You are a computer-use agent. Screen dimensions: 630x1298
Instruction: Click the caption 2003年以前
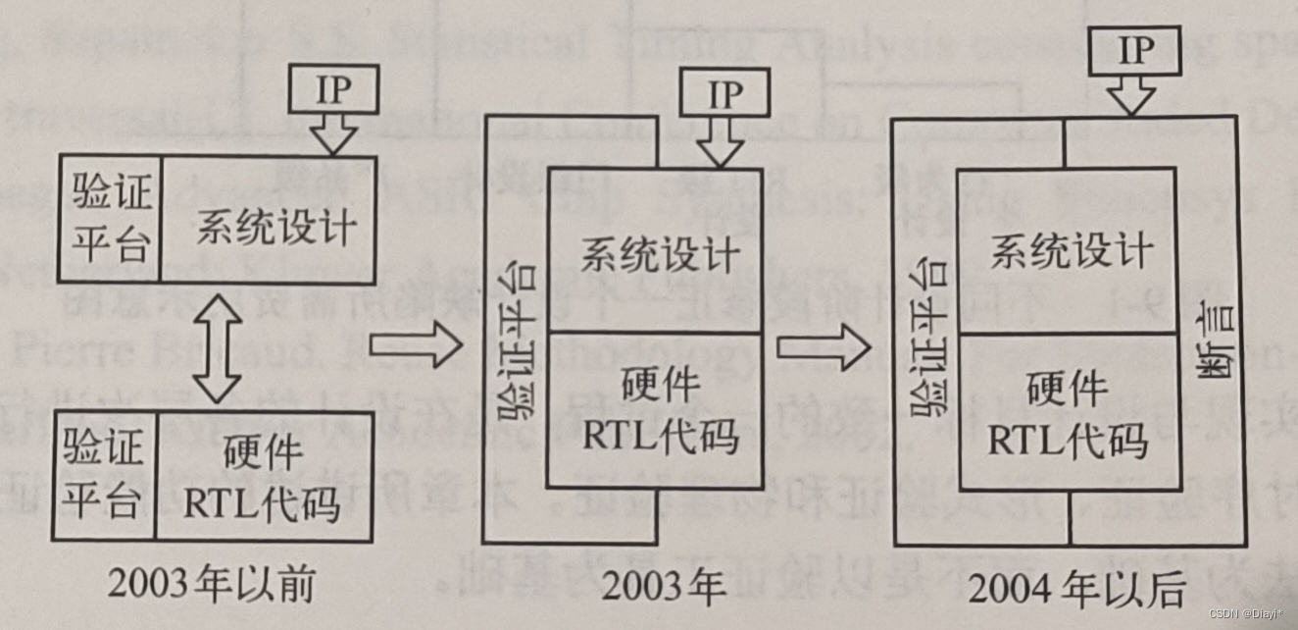211,585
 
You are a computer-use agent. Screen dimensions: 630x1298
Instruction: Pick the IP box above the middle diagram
726,95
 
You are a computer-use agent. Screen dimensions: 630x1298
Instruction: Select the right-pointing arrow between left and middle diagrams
415,344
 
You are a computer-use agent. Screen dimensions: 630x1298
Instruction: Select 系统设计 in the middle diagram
658,257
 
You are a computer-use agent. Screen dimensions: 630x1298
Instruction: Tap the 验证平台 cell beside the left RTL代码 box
104,476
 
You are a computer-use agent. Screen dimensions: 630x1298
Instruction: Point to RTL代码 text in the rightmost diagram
1068,442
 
